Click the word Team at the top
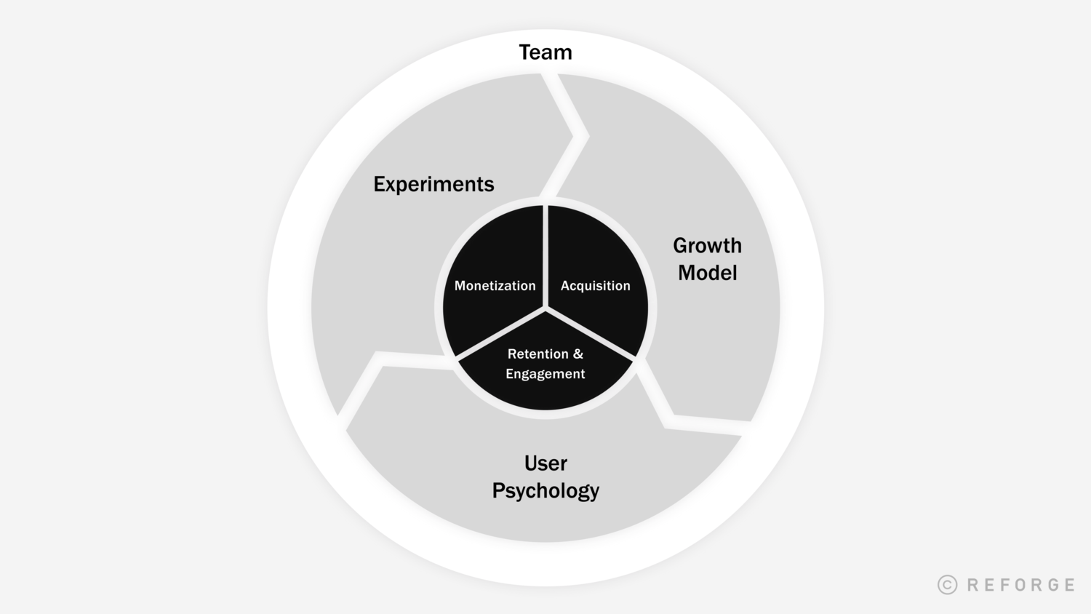pyautogui.click(x=545, y=52)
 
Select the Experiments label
pyautogui.click(x=433, y=184)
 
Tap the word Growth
pyautogui.click(x=707, y=246)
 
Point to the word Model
pyautogui.click(x=707, y=273)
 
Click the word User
pyautogui.click(x=545, y=463)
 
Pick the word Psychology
pyautogui.click(x=545, y=490)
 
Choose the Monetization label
pyautogui.click(x=495, y=286)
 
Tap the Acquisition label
pyautogui.click(x=595, y=286)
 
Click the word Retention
pyautogui.click(x=537, y=354)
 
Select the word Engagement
pyautogui.click(x=545, y=374)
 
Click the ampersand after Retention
pyautogui.click(x=578, y=354)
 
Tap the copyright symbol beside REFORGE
pyautogui.click(x=947, y=585)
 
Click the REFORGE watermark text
pyautogui.click(x=1021, y=585)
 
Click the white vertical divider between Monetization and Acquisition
pyautogui.click(x=545, y=255)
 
